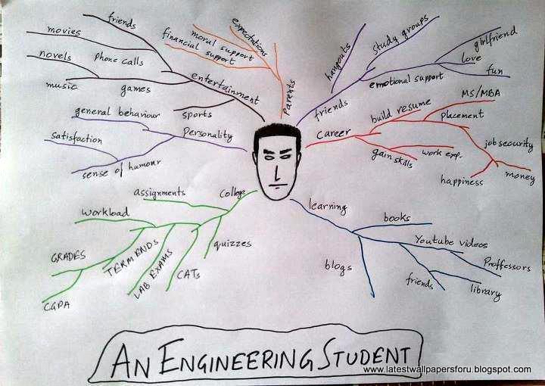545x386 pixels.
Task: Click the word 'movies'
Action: tap(64, 30)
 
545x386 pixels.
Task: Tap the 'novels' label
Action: tap(54, 57)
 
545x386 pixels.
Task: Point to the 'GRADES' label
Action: tap(68, 257)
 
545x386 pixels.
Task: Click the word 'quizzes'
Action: tap(232, 244)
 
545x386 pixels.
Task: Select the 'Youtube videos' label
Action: tap(450, 242)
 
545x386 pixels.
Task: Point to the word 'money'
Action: tap(519, 176)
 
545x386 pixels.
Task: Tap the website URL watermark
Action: tap(447, 369)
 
